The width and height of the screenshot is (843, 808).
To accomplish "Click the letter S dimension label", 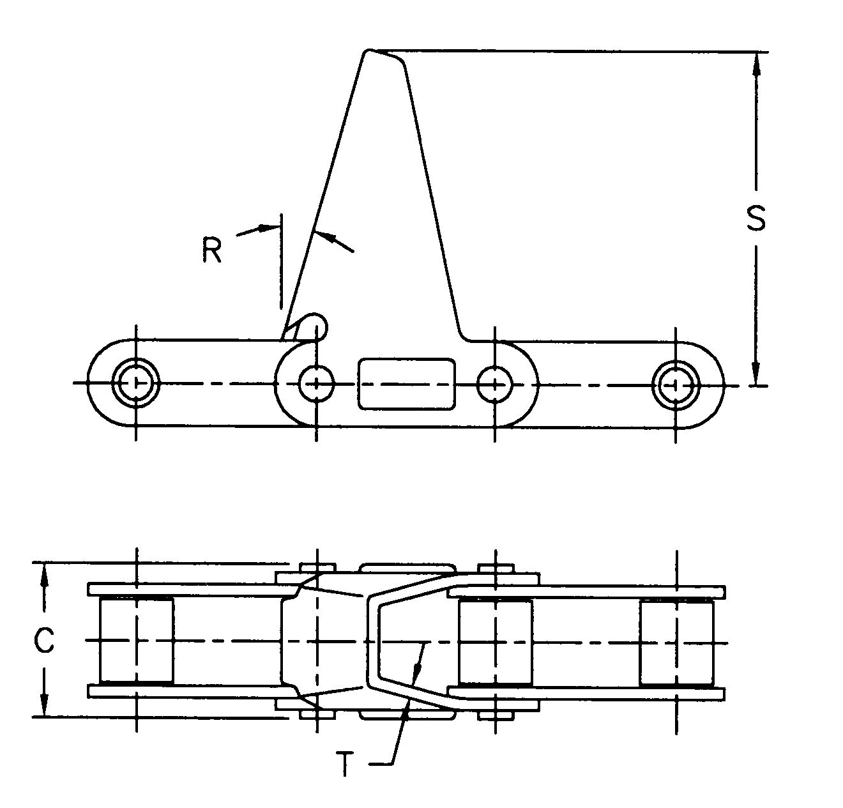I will [x=756, y=218].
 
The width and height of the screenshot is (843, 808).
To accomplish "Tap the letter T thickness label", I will [x=345, y=763].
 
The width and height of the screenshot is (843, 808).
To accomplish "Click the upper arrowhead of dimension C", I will [x=43, y=573].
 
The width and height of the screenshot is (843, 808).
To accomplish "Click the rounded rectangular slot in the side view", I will [x=407, y=384].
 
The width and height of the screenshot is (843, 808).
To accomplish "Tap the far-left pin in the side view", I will [x=135, y=383].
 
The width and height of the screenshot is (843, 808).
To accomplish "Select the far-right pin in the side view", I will [x=676, y=384].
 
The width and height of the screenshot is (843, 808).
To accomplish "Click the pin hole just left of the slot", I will [x=316, y=384].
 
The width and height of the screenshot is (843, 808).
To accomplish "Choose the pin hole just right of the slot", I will [x=495, y=384].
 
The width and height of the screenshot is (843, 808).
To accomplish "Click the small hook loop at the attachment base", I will [x=317, y=324].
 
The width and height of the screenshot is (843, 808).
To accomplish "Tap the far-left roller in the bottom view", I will [x=136, y=640].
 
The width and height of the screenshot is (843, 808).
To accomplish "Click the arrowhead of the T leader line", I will [x=417, y=667].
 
